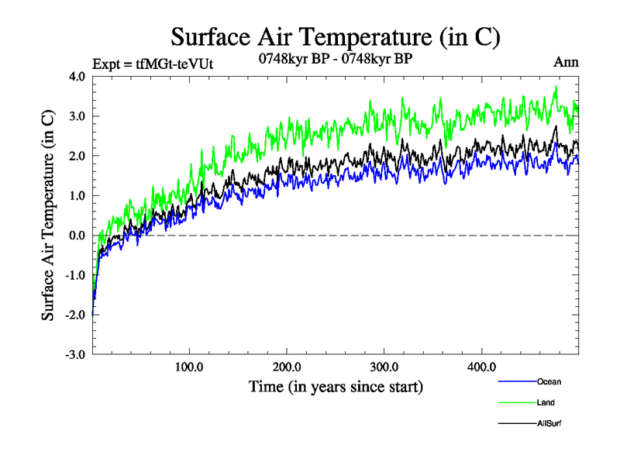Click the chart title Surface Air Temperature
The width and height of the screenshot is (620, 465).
pos(336,36)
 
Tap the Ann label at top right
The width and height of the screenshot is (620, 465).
pos(566,62)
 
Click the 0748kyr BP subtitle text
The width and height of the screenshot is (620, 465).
pos(336,59)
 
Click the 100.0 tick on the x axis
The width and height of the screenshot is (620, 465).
pos(189,367)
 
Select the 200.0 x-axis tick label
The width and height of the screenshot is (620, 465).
pos(287,367)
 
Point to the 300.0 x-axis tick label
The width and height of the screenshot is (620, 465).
pos(384,367)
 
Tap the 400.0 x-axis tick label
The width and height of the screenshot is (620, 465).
pos(482,367)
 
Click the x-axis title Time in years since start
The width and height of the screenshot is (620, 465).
pos(336,386)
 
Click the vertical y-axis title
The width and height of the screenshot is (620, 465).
pos(48,215)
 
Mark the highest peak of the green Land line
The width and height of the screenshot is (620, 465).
pos(556,88)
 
